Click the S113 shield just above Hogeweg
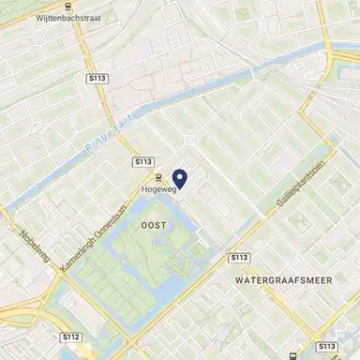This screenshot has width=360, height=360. coord(142,161)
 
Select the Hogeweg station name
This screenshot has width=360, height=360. coord(158,187)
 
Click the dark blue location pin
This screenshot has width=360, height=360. coord(180,177)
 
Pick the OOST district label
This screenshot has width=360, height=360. coord(152,226)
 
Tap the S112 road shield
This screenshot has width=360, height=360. coord(72,335)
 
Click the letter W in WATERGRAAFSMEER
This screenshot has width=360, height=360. coord(240,279)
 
